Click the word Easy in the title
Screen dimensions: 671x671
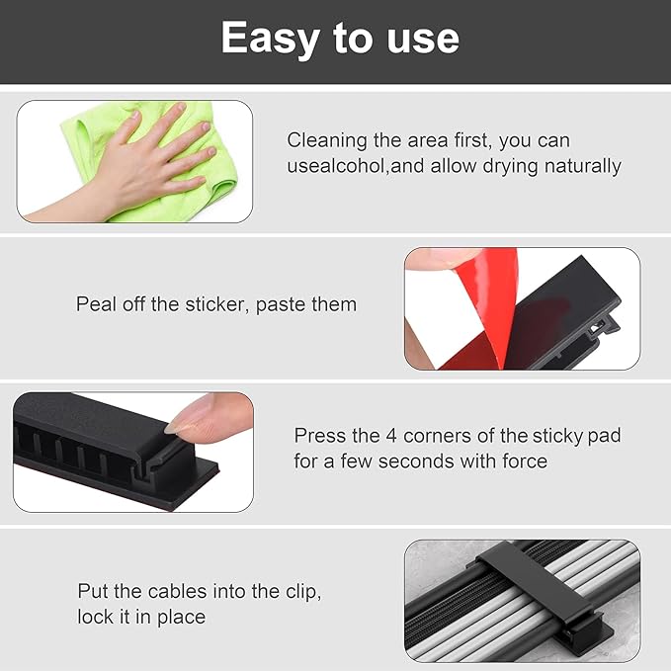[264, 39]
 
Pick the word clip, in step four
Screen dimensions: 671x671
[298, 591]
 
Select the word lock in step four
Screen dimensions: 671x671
[95, 617]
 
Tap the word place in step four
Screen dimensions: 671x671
[181, 617]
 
